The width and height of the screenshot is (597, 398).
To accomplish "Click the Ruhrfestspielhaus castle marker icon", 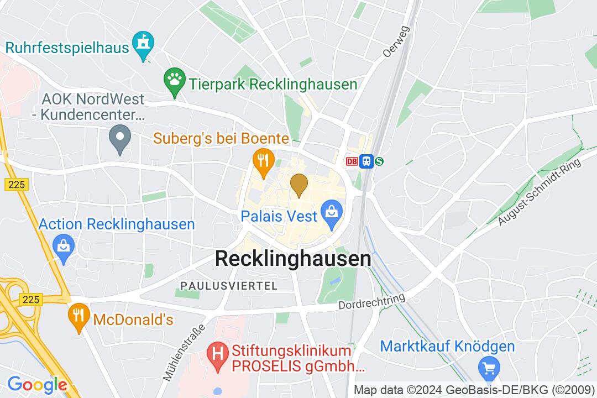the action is click(x=144, y=45).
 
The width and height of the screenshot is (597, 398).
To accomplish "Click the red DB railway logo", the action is click(x=352, y=161).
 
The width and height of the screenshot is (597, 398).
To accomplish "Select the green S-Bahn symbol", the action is click(x=379, y=161).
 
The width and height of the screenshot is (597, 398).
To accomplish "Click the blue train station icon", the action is click(x=365, y=161).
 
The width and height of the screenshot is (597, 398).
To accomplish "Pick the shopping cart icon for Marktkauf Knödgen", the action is click(x=488, y=368).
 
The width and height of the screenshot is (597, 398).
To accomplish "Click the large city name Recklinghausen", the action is click(x=293, y=259).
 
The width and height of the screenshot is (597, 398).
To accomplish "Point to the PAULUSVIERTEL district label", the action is click(x=228, y=285).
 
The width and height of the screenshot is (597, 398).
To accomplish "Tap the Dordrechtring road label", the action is click(x=371, y=302).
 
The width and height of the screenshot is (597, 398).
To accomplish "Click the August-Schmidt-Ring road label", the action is click(x=540, y=192).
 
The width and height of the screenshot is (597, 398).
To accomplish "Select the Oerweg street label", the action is click(x=396, y=41).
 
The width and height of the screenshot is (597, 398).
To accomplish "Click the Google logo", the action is click(x=36, y=384).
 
